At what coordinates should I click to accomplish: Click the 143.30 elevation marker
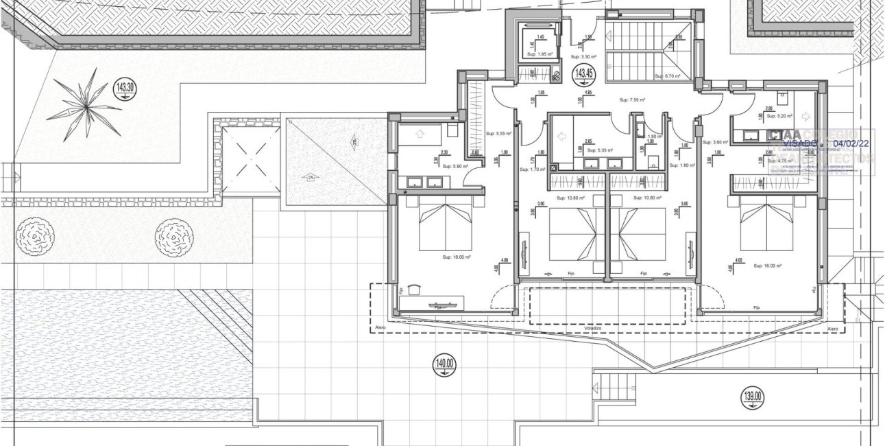tap(125, 89)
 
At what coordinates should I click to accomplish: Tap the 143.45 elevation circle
tap(583, 72)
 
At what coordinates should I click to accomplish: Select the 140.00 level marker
tap(444, 364)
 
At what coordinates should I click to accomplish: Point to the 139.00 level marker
tap(752, 396)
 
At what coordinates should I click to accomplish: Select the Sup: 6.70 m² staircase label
tap(667, 77)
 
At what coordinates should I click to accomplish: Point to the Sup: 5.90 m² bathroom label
tap(454, 166)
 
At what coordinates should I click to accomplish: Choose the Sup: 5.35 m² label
tap(600, 150)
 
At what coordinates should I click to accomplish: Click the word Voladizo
tap(593, 329)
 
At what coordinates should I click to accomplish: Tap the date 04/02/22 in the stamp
tap(850, 145)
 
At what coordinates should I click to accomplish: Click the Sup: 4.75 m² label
tap(781, 163)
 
